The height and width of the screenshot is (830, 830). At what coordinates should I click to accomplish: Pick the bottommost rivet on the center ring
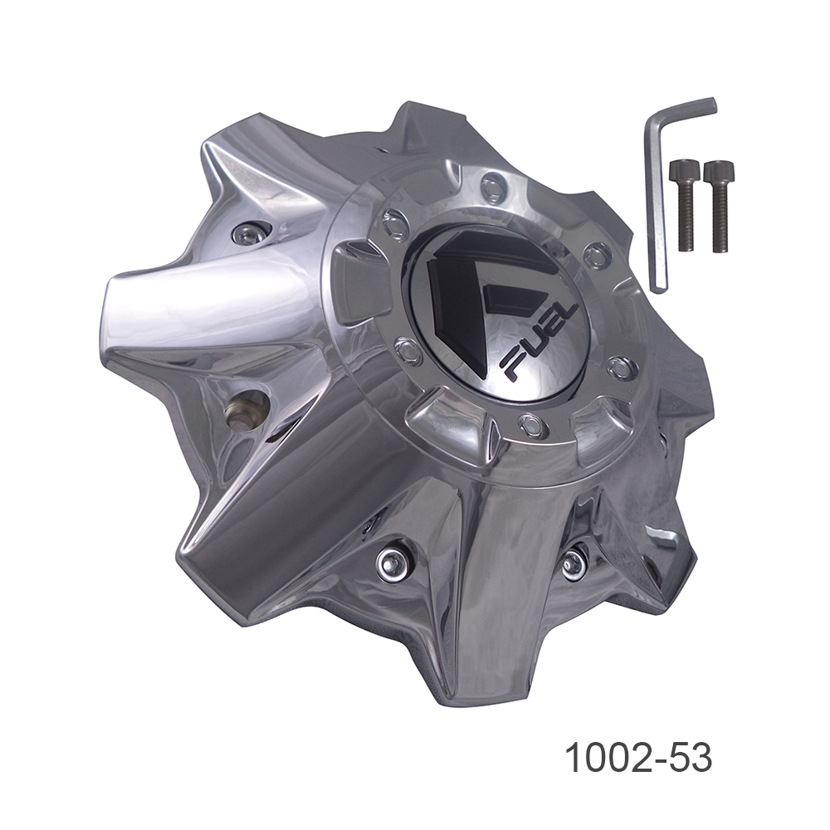528,426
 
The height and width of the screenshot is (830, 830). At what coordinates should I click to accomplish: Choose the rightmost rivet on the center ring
621,367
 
